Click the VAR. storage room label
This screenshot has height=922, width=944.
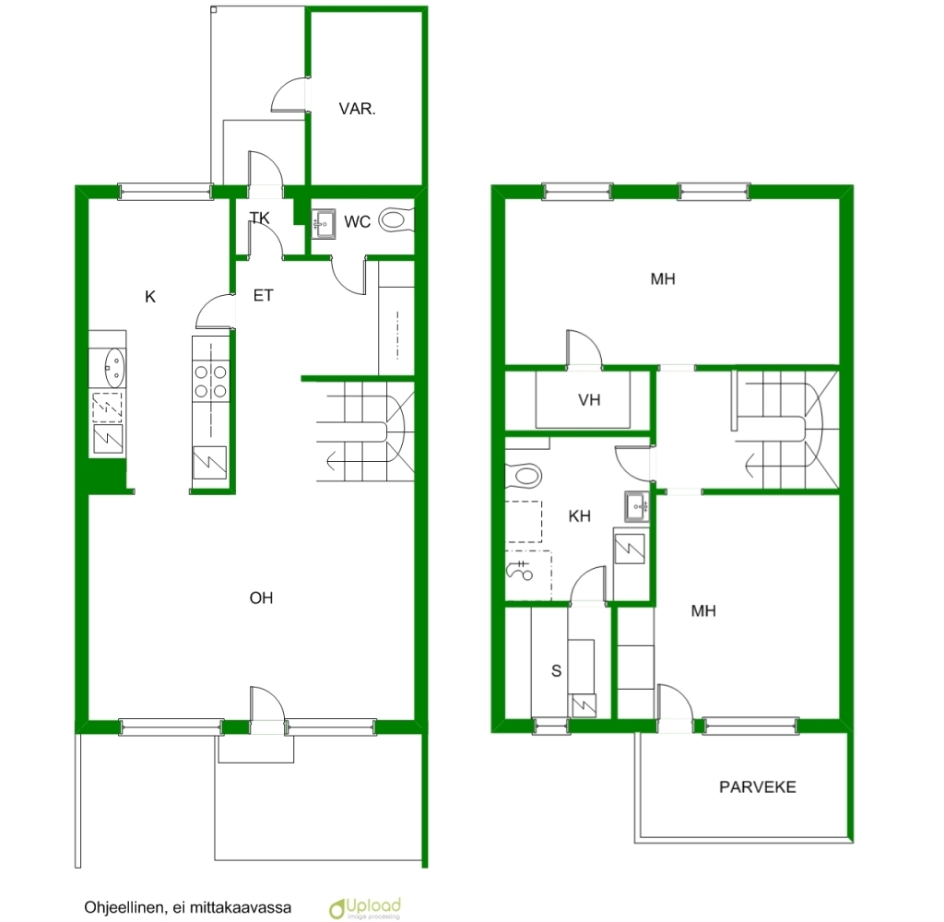click(357, 109)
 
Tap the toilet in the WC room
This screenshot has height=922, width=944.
click(396, 220)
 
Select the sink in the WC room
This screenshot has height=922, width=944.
click(324, 224)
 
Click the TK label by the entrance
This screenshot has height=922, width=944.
click(260, 218)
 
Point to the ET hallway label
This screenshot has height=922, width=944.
click(263, 296)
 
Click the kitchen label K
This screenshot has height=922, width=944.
click(150, 296)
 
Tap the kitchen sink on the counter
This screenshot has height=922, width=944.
click(114, 367)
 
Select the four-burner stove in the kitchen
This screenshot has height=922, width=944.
click(211, 382)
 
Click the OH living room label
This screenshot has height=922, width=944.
click(261, 598)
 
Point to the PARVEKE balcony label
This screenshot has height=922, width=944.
click(758, 787)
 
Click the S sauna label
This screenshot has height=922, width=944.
click(556, 671)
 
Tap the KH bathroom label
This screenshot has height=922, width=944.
click(579, 516)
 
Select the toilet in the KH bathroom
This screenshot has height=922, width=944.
click(524, 476)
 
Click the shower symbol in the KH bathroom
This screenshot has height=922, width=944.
click(520, 569)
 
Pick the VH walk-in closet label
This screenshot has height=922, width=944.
click(589, 400)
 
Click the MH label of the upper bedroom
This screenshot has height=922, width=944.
click(663, 278)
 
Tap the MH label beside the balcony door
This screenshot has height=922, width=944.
click(703, 611)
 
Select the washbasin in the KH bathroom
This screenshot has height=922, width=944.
click(636, 506)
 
